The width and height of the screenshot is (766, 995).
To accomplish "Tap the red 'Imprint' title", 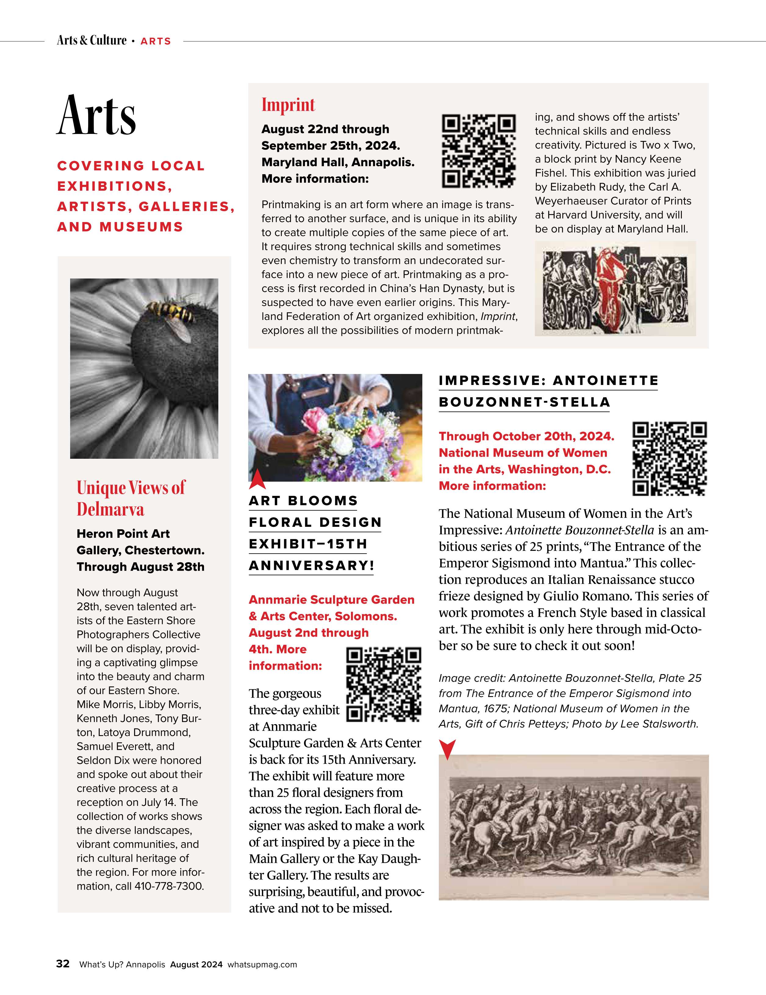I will pos(288,105).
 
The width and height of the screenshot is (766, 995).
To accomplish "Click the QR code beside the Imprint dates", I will pos(479,151).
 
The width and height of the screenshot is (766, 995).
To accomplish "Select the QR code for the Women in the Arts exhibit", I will pos(669,459).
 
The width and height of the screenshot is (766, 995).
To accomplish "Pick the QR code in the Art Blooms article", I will pos(383,684).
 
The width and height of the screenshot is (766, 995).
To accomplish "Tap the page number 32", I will pos(63,964).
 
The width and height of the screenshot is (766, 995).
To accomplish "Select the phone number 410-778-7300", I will pos(169,886).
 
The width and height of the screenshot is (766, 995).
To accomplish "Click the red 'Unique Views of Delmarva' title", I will pos(131,498).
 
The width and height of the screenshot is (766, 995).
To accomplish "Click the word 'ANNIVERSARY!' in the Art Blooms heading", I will pos(311,566).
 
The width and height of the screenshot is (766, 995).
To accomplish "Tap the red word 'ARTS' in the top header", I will pos(155,41).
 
